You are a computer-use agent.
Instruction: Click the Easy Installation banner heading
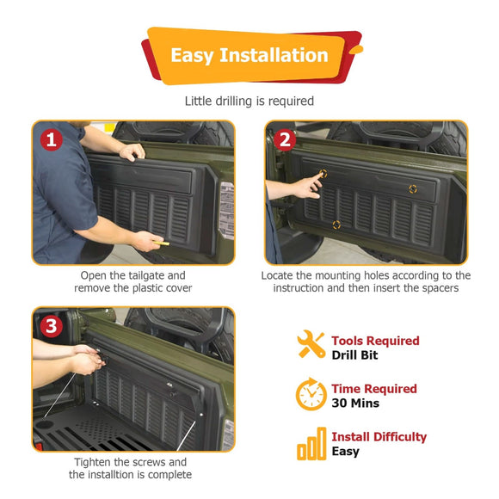249,56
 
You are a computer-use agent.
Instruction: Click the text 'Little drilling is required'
249,101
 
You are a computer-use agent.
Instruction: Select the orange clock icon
311,395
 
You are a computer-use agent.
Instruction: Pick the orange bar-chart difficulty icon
311,446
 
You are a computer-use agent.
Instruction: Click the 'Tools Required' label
375,341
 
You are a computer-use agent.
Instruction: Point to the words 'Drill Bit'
355,354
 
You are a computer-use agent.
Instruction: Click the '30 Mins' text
355,403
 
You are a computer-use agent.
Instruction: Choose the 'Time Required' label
374,389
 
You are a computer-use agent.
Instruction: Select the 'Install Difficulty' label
379,437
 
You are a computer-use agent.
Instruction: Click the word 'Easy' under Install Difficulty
346,452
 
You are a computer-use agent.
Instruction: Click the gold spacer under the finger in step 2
324,172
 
